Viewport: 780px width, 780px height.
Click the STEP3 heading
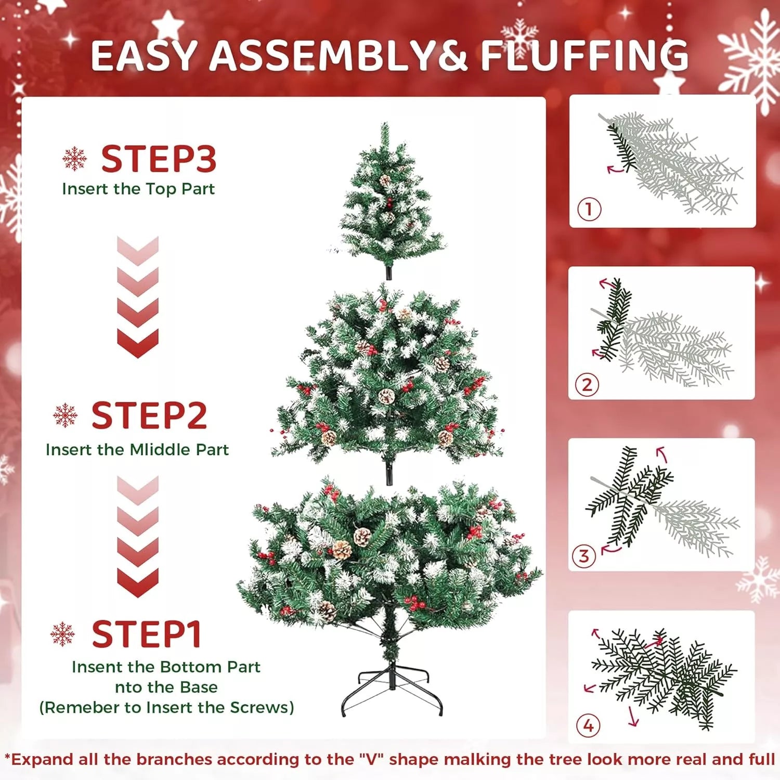pyautogui.click(x=159, y=159)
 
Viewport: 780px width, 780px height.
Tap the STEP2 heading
pyautogui.click(x=149, y=415)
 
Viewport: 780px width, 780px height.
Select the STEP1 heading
pyautogui.click(x=147, y=634)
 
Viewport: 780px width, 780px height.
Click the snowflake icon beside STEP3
pyautogui.click(x=74, y=159)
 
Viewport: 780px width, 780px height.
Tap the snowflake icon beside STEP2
pyautogui.click(x=65, y=415)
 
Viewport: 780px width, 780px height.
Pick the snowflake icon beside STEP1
pyautogui.click(x=62, y=634)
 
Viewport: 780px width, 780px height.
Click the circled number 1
pyautogui.click(x=589, y=209)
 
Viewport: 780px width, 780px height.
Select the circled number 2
pyautogui.click(x=587, y=385)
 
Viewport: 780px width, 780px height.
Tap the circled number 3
pyautogui.click(x=584, y=556)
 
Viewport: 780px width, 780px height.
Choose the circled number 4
pyautogui.click(x=588, y=725)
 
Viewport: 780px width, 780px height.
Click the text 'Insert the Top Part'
pyautogui.click(x=138, y=189)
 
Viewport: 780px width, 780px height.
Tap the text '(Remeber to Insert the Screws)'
pyautogui.click(x=166, y=707)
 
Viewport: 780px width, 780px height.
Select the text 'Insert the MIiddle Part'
pyautogui.click(x=137, y=450)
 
